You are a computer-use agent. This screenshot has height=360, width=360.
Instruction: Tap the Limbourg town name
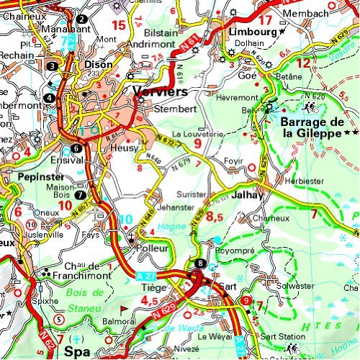252,32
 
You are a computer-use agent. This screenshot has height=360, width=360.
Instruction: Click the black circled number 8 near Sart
199,263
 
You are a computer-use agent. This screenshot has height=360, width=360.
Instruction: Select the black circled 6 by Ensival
76,148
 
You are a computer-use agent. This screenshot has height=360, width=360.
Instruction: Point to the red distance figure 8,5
215,215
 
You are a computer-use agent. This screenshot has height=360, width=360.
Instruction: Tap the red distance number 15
119,25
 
